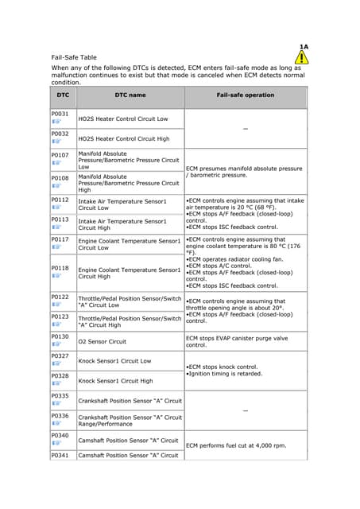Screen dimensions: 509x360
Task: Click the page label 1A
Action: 304,47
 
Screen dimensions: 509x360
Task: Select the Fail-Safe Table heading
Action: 74,57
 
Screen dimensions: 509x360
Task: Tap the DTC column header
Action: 63,95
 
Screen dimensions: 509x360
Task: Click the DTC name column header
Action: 130,95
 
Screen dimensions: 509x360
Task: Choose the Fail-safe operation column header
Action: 245,95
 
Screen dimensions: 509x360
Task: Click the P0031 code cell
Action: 60,115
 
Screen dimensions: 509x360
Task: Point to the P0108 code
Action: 60,178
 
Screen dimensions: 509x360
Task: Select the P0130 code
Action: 60,337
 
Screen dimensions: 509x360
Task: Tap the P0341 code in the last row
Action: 60,456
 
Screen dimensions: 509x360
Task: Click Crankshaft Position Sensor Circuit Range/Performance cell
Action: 130,420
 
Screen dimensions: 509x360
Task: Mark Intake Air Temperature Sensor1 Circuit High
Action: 122,224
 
